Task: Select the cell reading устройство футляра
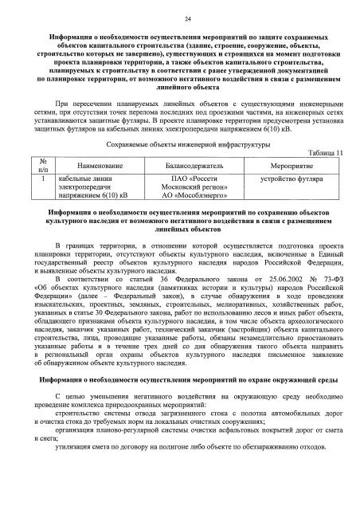287,178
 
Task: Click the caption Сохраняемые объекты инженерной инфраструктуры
176,144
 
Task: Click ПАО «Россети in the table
189,178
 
